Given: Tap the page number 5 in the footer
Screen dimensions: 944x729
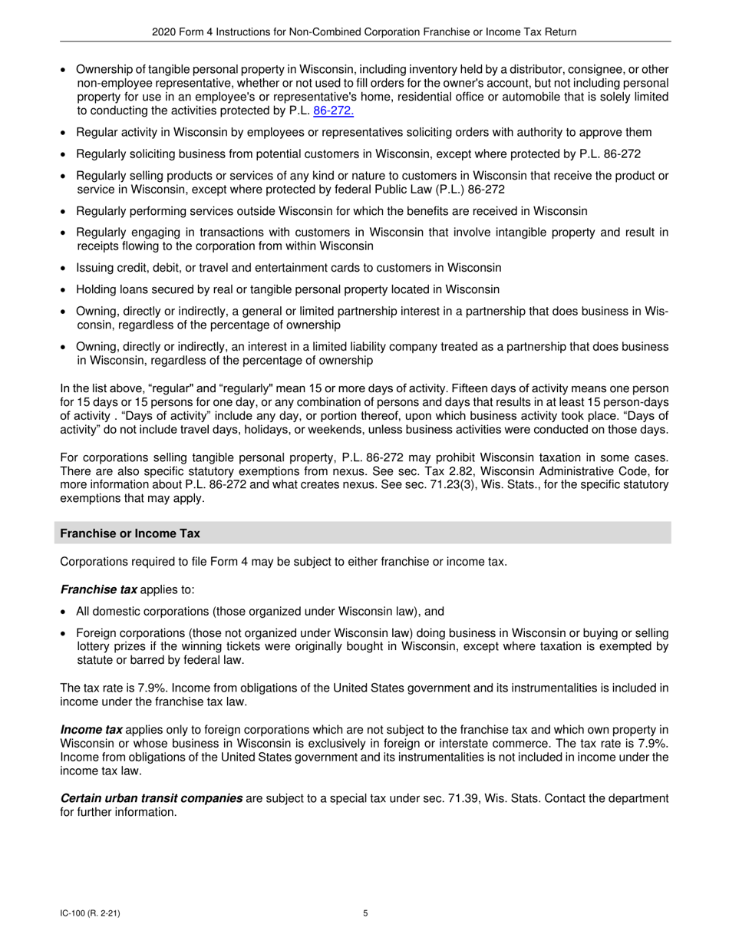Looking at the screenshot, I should click(365, 913).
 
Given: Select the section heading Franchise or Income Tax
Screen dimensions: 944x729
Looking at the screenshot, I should click(130, 533).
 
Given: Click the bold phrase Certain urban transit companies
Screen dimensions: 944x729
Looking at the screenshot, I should click(151, 799).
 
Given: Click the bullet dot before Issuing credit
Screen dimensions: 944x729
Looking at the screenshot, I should click(64, 269).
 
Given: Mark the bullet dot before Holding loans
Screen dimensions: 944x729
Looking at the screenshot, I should click(64, 290).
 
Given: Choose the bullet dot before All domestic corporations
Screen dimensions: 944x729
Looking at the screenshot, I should click(64, 612).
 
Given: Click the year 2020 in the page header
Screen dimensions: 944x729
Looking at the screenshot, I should click(164, 31).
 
